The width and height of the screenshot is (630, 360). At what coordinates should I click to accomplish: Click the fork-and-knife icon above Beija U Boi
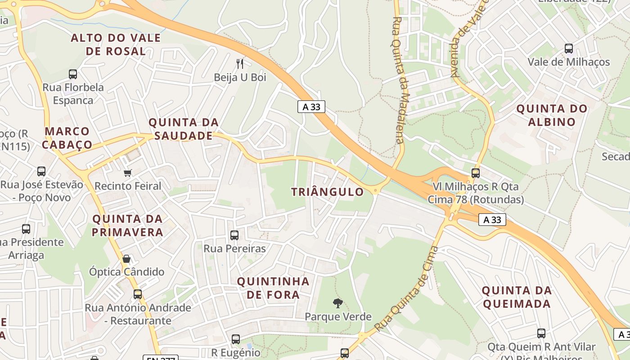click(x=240, y=63)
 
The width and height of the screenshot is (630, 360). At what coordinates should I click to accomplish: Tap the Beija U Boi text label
click(x=240, y=77)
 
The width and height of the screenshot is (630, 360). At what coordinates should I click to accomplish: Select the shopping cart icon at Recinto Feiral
click(x=128, y=173)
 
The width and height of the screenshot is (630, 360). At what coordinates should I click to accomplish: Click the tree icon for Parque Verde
click(x=337, y=303)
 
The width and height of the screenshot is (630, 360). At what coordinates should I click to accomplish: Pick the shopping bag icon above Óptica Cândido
click(x=126, y=259)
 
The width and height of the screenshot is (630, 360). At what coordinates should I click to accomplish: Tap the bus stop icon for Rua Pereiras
click(x=234, y=235)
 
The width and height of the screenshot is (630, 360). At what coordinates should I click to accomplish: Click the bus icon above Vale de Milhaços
click(x=569, y=48)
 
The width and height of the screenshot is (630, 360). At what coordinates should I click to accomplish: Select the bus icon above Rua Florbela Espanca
click(x=73, y=74)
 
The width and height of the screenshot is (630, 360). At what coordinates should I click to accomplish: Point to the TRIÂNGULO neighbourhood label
click(x=327, y=192)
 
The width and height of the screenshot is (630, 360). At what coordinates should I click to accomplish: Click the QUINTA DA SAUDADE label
click(x=184, y=129)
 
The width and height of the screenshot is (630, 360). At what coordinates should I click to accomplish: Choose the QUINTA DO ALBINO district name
click(x=552, y=115)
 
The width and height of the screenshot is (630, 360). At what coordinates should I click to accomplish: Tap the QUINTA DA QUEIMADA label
click(x=517, y=297)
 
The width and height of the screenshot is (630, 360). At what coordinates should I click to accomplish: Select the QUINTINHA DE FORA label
click(x=273, y=288)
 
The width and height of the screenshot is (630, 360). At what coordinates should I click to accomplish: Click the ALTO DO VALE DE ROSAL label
click(x=116, y=45)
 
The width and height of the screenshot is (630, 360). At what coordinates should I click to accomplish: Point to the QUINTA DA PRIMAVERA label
click(x=128, y=225)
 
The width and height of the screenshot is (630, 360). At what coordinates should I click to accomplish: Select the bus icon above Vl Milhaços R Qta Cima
click(x=476, y=173)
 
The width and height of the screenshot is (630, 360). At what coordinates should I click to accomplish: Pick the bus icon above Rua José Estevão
click(x=41, y=171)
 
